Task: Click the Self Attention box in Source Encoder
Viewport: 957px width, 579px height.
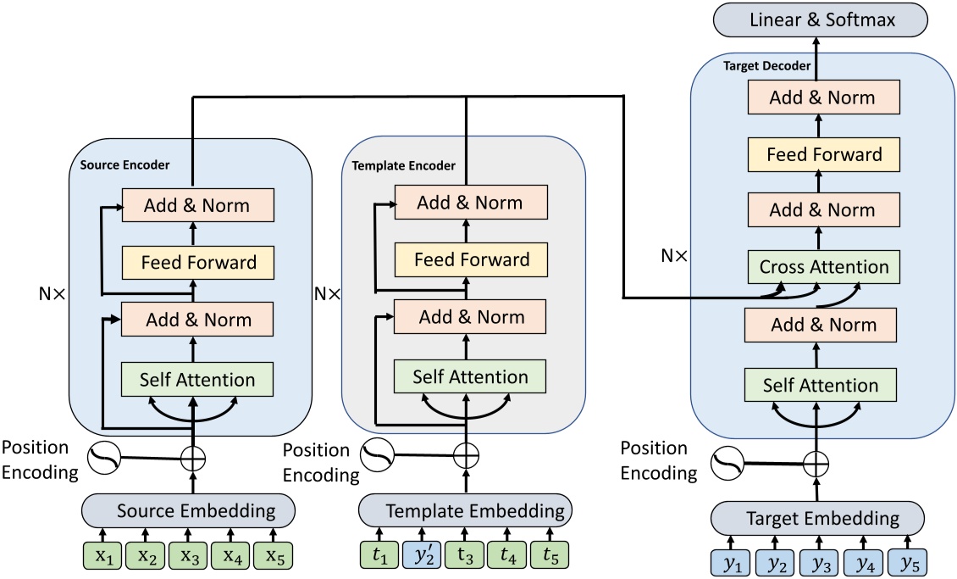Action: pos(196,380)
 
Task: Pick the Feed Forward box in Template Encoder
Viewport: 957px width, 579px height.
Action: pos(471,259)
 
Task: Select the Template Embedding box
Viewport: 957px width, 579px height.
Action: pos(463,510)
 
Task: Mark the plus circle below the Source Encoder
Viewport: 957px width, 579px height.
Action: pos(194,459)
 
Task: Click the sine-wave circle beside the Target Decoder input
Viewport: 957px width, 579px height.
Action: pos(726,464)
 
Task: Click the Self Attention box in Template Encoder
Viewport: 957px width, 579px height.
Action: pos(471,376)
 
